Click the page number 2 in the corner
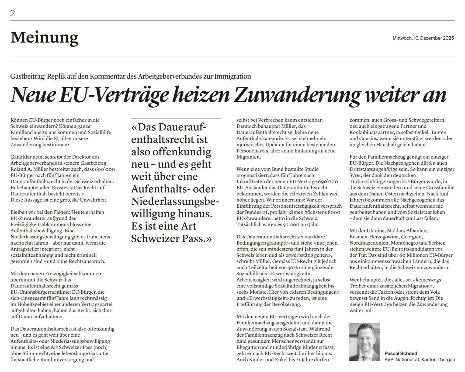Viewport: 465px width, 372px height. coord(13,13)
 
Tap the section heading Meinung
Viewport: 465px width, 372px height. coord(44,37)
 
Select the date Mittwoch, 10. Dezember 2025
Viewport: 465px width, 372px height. coord(423,38)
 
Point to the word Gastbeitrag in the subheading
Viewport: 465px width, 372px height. coord(27,77)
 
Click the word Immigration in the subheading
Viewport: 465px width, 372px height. coord(232,77)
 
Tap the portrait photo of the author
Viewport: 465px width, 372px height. coord(364,342)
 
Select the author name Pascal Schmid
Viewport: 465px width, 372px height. coord(401,353)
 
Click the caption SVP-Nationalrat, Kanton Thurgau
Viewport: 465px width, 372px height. coord(419,360)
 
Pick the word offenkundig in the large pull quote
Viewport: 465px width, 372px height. coord(182,152)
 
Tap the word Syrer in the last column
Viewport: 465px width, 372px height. coord(356,175)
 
